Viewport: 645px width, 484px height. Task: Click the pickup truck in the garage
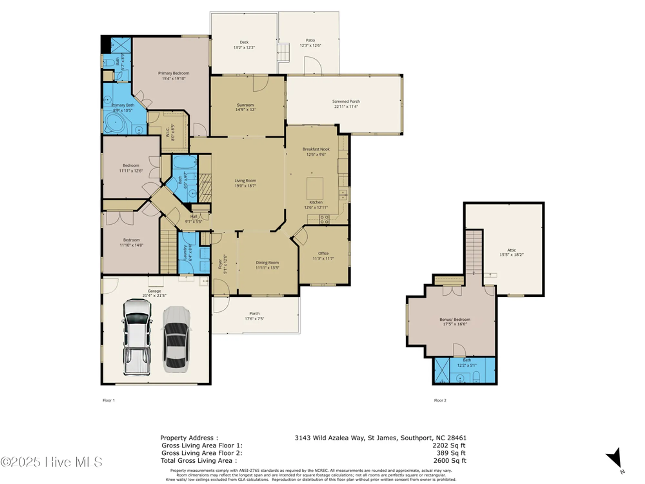pos(137,337)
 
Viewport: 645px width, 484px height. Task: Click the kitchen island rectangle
pos(315,188)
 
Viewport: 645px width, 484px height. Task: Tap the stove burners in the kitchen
pos(324,219)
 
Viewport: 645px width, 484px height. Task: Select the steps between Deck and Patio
pos(283,52)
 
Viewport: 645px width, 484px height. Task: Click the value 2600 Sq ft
pos(450,460)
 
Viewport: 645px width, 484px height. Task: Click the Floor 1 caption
pos(109,400)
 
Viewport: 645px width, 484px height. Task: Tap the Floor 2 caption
pos(440,400)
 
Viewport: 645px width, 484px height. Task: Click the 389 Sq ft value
pos(451,453)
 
